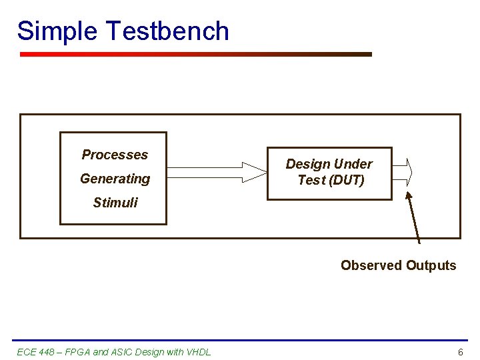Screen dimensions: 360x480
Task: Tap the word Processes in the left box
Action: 115,155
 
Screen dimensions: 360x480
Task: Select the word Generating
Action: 115,179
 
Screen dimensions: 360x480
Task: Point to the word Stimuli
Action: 115,203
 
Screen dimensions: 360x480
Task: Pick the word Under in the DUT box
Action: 353,164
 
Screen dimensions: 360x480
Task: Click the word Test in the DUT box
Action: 311,180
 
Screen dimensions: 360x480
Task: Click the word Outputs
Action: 431,265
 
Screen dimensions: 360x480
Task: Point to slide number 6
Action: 460,352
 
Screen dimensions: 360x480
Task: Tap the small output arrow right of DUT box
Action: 403,172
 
